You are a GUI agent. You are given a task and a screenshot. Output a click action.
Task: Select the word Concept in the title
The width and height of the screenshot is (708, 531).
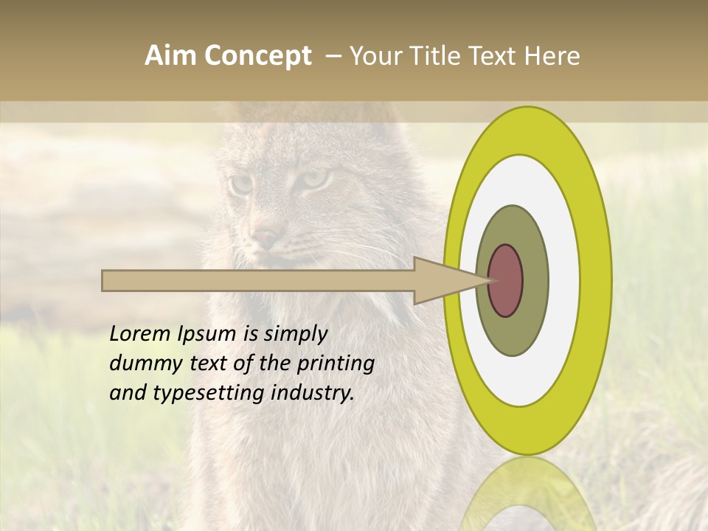click(257, 56)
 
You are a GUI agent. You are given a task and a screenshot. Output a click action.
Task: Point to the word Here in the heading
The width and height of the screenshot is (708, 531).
click(552, 56)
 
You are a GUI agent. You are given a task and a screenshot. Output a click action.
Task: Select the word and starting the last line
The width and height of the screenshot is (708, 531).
click(128, 393)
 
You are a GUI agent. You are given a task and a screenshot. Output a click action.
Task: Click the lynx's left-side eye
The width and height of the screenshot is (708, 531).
click(240, 184)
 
